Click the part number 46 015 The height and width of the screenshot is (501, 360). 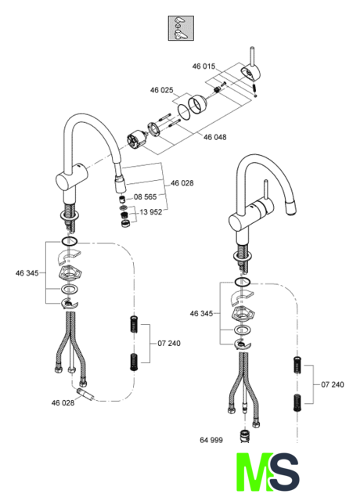click(203, 67)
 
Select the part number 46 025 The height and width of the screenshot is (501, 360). click(162, 90)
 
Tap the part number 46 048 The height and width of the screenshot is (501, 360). click(214, 137)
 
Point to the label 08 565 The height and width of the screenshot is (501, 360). click(146, 196)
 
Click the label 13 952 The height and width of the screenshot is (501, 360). click(151, 212)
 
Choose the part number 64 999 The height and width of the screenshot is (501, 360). click(211, 440)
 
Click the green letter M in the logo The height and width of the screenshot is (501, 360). click(254, 472)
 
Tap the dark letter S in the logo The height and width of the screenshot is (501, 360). click(285, 472)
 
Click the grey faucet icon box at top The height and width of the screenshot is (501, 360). click(181, 28)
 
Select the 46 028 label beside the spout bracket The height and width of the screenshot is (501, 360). click(182, 183)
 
